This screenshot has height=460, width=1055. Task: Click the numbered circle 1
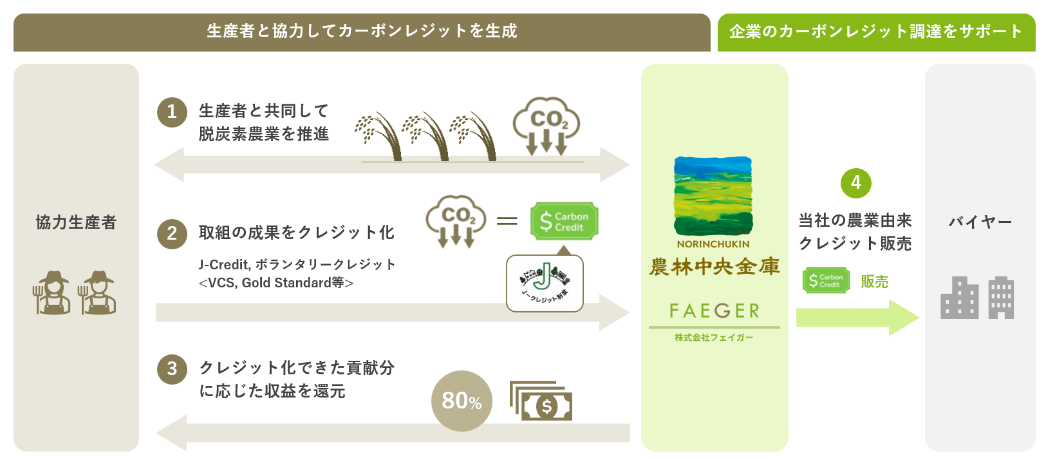[172, 112]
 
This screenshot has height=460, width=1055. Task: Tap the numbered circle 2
[172, 233]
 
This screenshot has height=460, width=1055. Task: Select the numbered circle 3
[172, 369]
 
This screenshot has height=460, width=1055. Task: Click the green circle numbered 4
[855, 183]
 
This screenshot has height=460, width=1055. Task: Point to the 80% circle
[462, 401]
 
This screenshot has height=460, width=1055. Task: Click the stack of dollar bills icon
[541, 401]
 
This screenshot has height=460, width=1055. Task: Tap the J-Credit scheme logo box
[545, 283]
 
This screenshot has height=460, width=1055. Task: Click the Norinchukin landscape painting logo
[713, 196]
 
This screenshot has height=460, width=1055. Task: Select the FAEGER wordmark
[714, 311]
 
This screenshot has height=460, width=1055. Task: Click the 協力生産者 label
[77, 222]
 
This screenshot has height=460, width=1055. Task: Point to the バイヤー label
[980, 222]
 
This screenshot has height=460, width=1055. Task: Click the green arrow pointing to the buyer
[857, 318]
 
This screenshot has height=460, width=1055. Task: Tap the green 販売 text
[875, 282]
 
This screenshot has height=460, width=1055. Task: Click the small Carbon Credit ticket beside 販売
[826, 280]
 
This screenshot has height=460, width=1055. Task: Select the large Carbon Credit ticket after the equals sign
[565, 221]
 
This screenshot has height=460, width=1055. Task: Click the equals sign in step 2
[507, 220]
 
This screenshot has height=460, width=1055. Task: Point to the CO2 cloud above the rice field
[546, 126]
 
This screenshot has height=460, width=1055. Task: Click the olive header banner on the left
[362, 32]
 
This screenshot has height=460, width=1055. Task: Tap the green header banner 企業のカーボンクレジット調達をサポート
[877, 32]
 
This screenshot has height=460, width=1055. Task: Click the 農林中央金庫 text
[714, 267]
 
